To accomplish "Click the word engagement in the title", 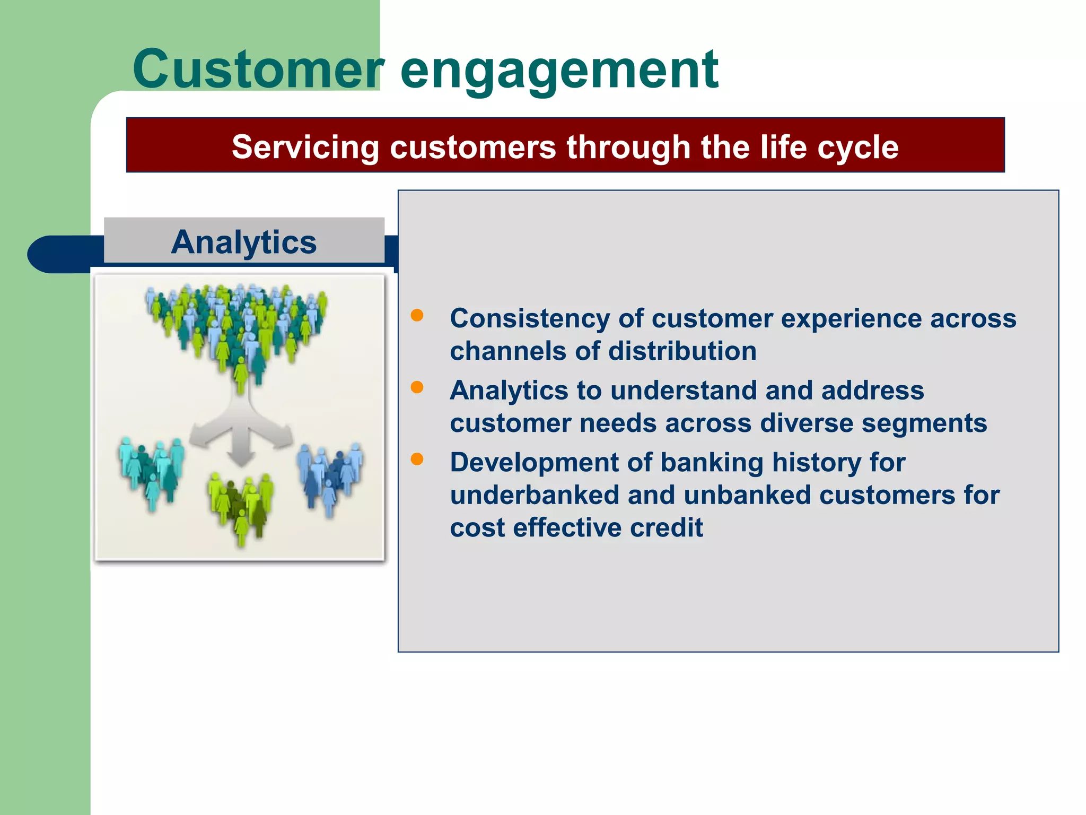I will point(559,72).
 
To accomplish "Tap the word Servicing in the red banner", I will point(305,147).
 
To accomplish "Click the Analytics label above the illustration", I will point(244,242).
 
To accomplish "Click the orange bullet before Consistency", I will point(417,316).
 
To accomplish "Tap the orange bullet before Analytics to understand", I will point(417,387).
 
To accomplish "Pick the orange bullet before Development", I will point(417,459).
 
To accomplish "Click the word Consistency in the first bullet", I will point(530,319).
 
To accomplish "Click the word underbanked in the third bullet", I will point(535,495).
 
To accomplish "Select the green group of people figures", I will point(241,504).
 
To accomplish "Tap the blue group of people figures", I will point(330,475).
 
